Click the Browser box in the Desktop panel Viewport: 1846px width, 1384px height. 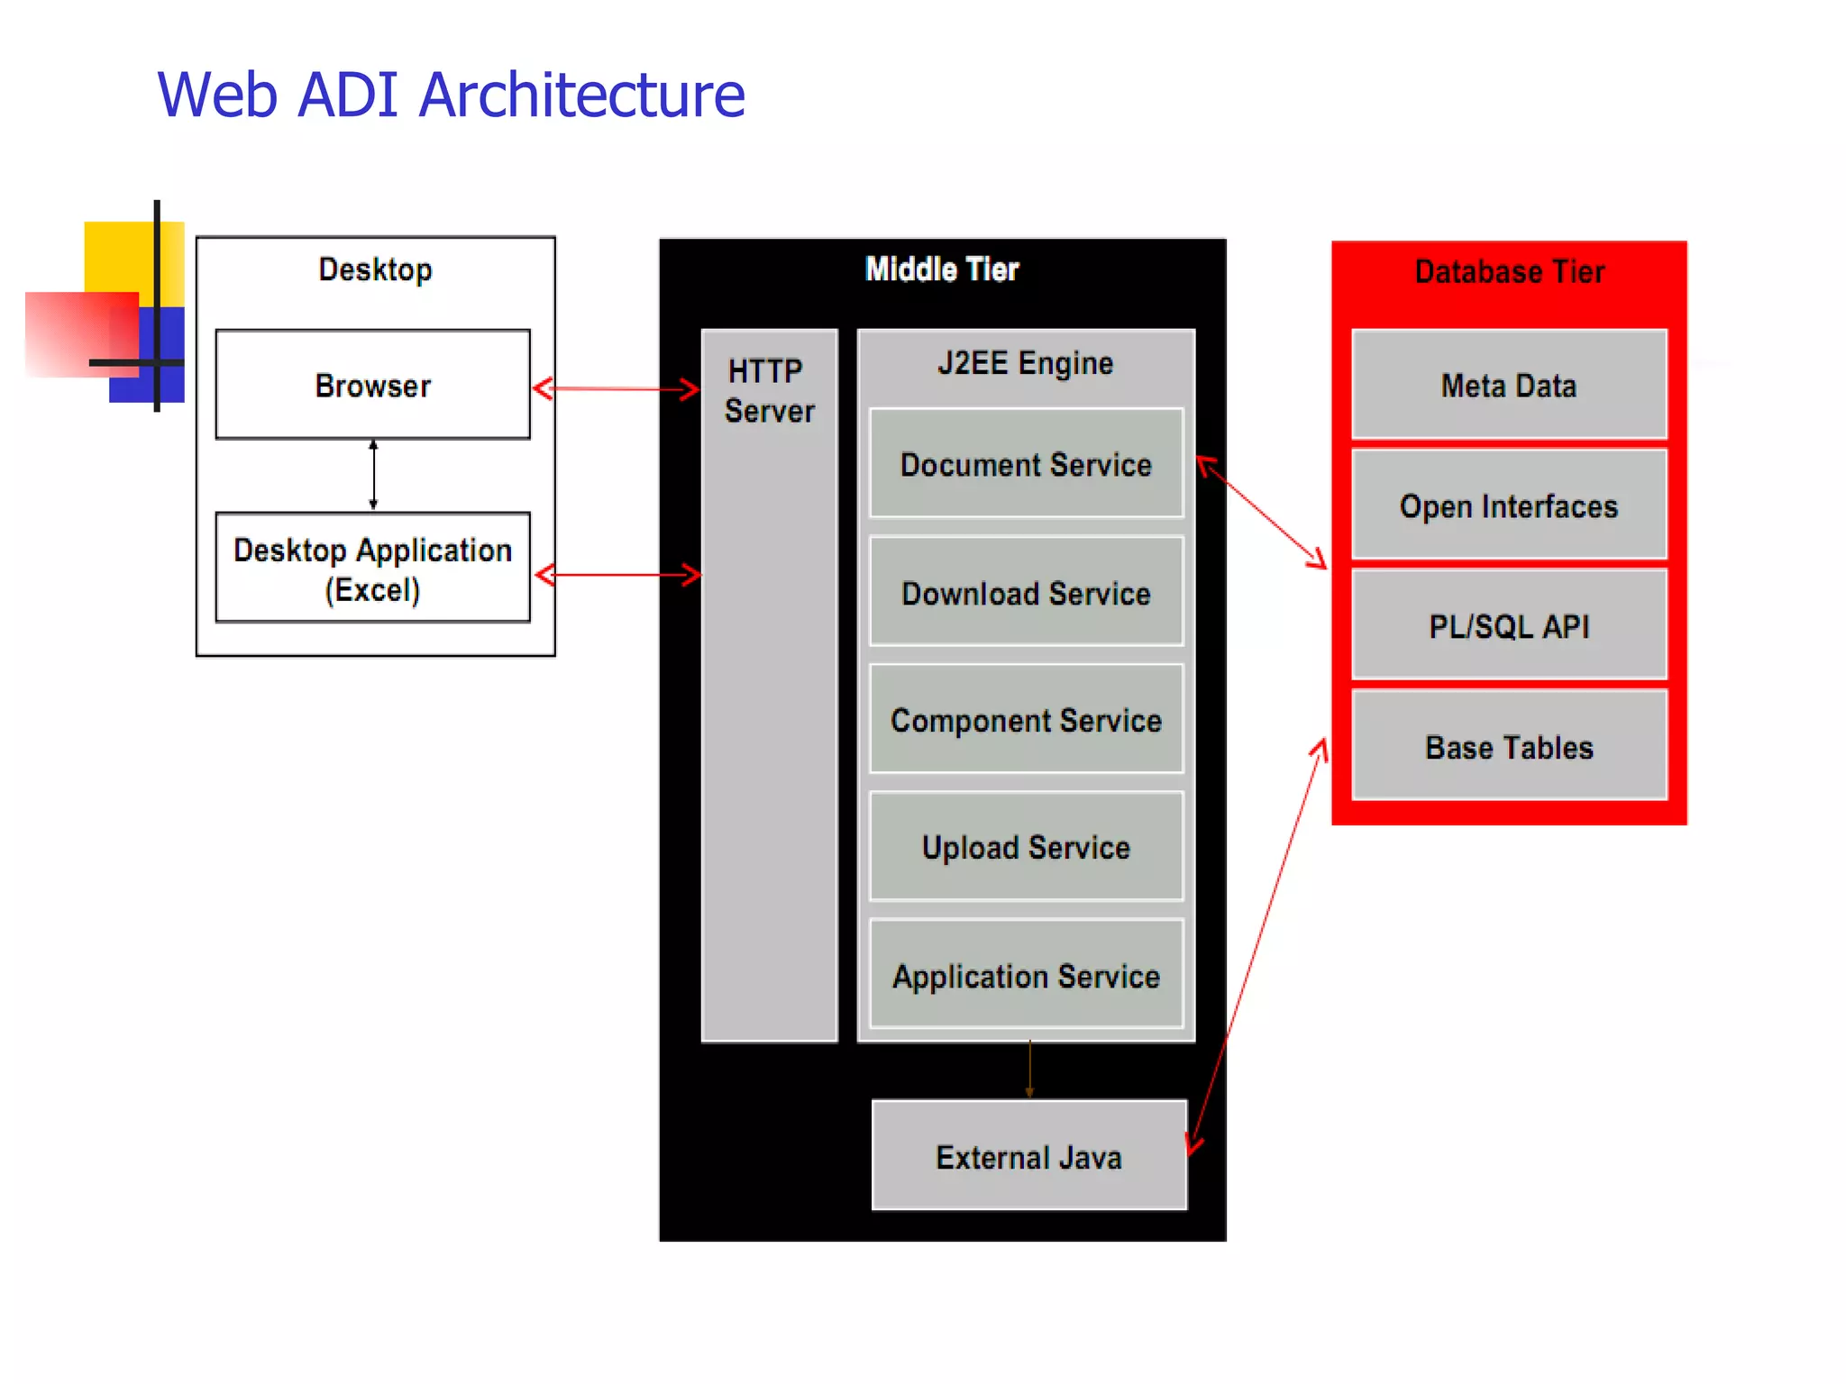pos(372,385)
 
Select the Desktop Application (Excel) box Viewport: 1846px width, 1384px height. pos(372,569)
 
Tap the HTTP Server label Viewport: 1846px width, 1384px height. pos(769,390)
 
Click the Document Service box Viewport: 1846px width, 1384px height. pos(1026,464)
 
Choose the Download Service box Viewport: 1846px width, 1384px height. pos(1026,592)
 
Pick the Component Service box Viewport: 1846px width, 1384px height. pos(1026,720)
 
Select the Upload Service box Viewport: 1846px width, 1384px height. pos(1026,847)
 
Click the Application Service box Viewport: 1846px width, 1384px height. pos(1026,975)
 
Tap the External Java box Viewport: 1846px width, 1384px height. pos(1028,1156)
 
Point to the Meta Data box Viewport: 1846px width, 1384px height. pos(1509,385)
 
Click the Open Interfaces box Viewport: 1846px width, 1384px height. pos(1509,505)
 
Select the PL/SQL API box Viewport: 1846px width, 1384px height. pos(1509,625)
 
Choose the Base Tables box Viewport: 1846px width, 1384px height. pos(1509,746)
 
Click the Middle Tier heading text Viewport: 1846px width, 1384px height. pos(942,269)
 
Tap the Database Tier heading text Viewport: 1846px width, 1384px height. pos(1510,271)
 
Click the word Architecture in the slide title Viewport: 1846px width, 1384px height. pos(582,95)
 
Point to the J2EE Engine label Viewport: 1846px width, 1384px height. pos(1025,363)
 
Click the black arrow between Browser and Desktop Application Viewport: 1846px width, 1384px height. pos(373,475)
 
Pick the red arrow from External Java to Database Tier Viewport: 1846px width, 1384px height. pos(1257,946)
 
